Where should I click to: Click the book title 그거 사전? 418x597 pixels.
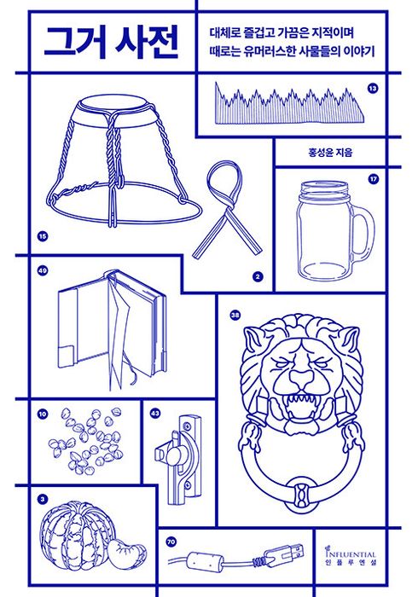[111, 42]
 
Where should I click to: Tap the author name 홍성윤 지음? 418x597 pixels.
[330, 153]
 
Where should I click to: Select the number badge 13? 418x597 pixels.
[373, 89]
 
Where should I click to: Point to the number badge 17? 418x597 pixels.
[374, 179]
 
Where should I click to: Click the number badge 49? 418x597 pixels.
[43, 271]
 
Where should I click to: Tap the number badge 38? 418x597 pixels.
[235, 315]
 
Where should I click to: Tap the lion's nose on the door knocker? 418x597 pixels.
[301, 378]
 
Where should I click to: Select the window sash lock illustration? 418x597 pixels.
[178, 459]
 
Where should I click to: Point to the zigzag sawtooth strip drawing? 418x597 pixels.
[289, 103]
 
